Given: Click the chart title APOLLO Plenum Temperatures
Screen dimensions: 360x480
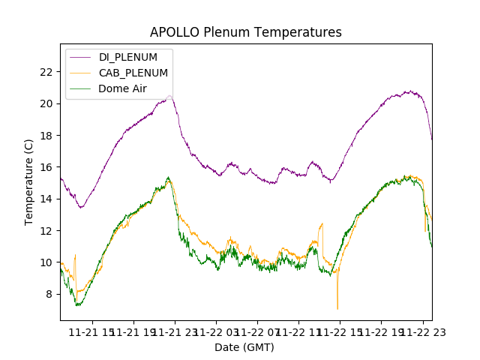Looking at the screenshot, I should [245, 32].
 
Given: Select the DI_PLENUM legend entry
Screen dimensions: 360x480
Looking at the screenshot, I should [128, 57].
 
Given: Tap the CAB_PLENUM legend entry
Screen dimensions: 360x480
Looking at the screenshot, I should [133, 73].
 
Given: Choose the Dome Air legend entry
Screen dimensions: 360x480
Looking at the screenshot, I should [122, 88].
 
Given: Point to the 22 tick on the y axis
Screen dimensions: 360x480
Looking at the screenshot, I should [46, 72].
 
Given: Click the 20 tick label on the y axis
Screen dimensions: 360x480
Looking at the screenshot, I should [46, 103].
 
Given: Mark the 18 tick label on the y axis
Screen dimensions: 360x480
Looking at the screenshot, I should [46, 136].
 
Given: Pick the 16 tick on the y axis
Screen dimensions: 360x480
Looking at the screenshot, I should [46, 167].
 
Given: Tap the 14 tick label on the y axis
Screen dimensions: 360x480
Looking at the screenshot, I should [46, 199].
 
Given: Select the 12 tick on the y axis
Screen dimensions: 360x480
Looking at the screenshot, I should [46, 231].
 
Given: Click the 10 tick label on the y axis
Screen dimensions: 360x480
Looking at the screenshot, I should [46, 262].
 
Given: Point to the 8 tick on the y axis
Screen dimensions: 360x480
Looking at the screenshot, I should [49, 294].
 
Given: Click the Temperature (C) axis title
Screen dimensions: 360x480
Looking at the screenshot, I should [29, 181].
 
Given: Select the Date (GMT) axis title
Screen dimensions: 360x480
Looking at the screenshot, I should [244, 347].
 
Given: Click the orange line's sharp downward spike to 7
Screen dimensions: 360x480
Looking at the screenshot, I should [337, 308].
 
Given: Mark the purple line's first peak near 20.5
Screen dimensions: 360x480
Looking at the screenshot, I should [170, 96].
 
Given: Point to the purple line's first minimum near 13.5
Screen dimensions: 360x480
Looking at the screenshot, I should [81, 207].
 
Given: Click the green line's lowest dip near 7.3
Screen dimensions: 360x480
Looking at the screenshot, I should [77, 305].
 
